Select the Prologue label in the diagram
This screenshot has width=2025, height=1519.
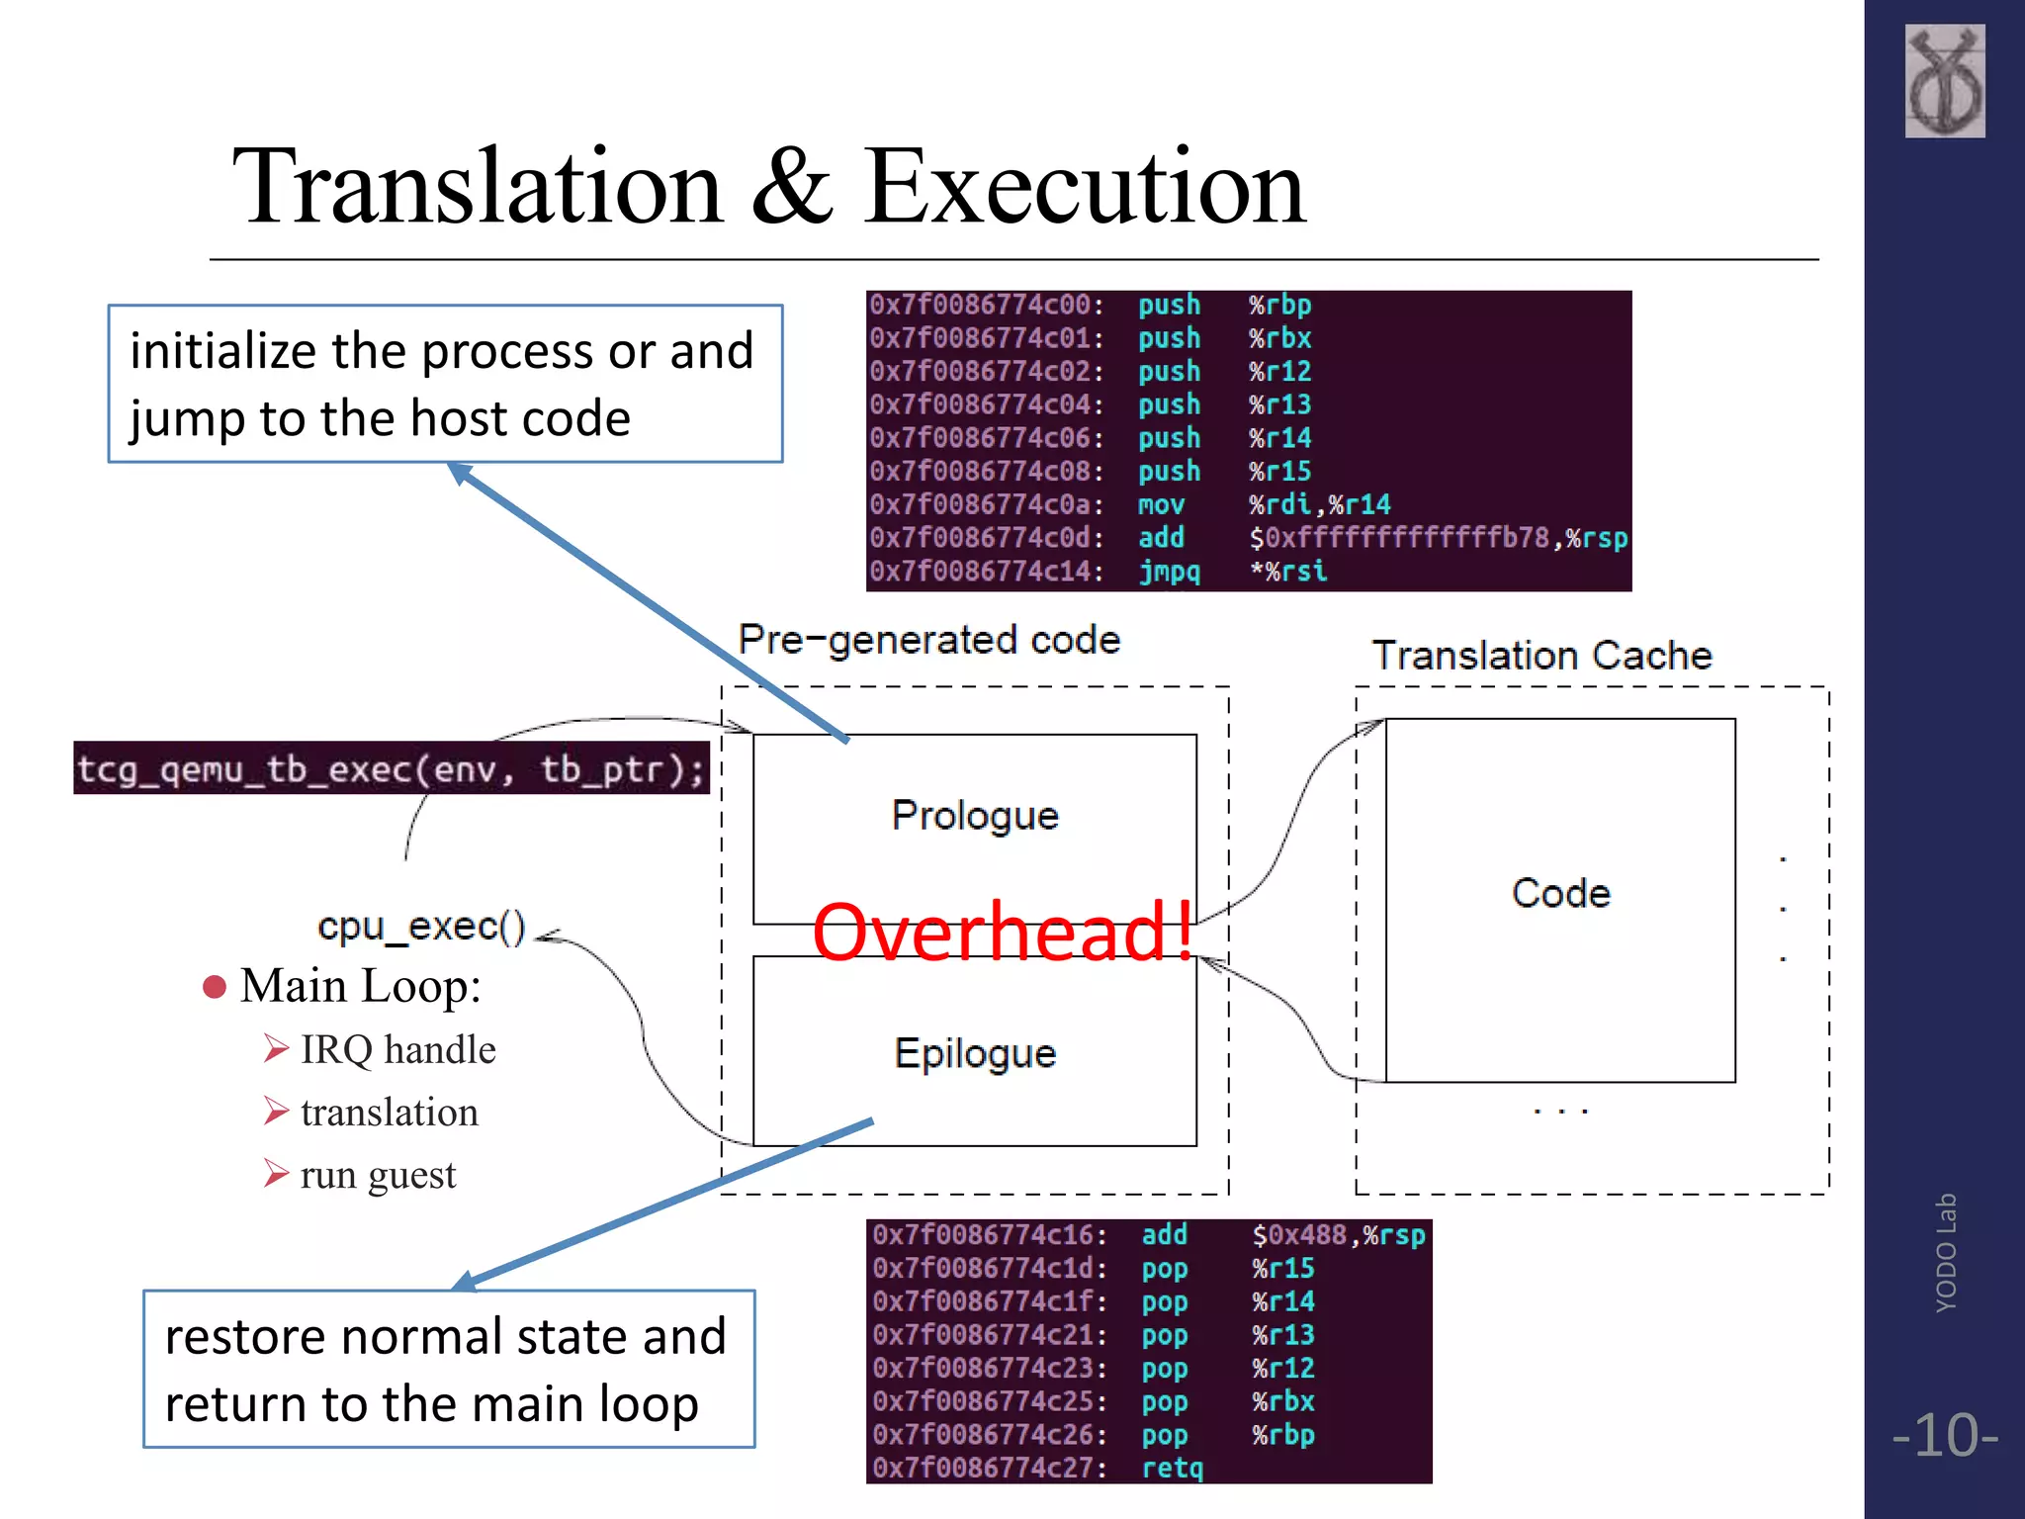pyautogui.click(x=975, y=816)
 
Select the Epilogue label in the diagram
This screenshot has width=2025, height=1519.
pyautogui.click(x=975, y=1053)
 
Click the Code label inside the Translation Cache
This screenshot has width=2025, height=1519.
pyautogui.click(x=1560, y=893)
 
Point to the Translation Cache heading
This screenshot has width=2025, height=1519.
pyautogui.click(x=1541, y=655)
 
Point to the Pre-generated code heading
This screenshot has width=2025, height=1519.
pyautogui.click(x=928, y=640)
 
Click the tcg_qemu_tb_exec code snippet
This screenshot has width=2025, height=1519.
pyautogui.click(x=392, y=768)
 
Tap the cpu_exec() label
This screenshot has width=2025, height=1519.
pyautogui.click(x=421, y=927)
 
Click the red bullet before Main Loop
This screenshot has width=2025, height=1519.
pyautogui.click(x=214, y=987)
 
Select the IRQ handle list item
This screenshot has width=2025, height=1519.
pyautogui.click(x=397, y=1049)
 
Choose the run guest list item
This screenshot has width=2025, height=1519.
pyautogui.click(x=378, y=1175)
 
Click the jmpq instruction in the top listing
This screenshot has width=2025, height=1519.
pyautogui.click(x=1169, y=572)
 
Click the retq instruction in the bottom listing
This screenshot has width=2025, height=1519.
pyautogui.click(x=1173, y=1468)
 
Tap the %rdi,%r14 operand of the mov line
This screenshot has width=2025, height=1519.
pyautogui.click(x=1319, y=504)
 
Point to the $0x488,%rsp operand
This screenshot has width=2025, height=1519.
pyautogui.click(x=1338, y=1235)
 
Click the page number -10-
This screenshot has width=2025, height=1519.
pyautogui.click(x=1944, y=1435)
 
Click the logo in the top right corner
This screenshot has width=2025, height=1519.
pyautogui.click(x=1944, y=81)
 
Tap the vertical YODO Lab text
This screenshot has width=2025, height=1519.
pyautogui.click(x=1945, y=1253)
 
